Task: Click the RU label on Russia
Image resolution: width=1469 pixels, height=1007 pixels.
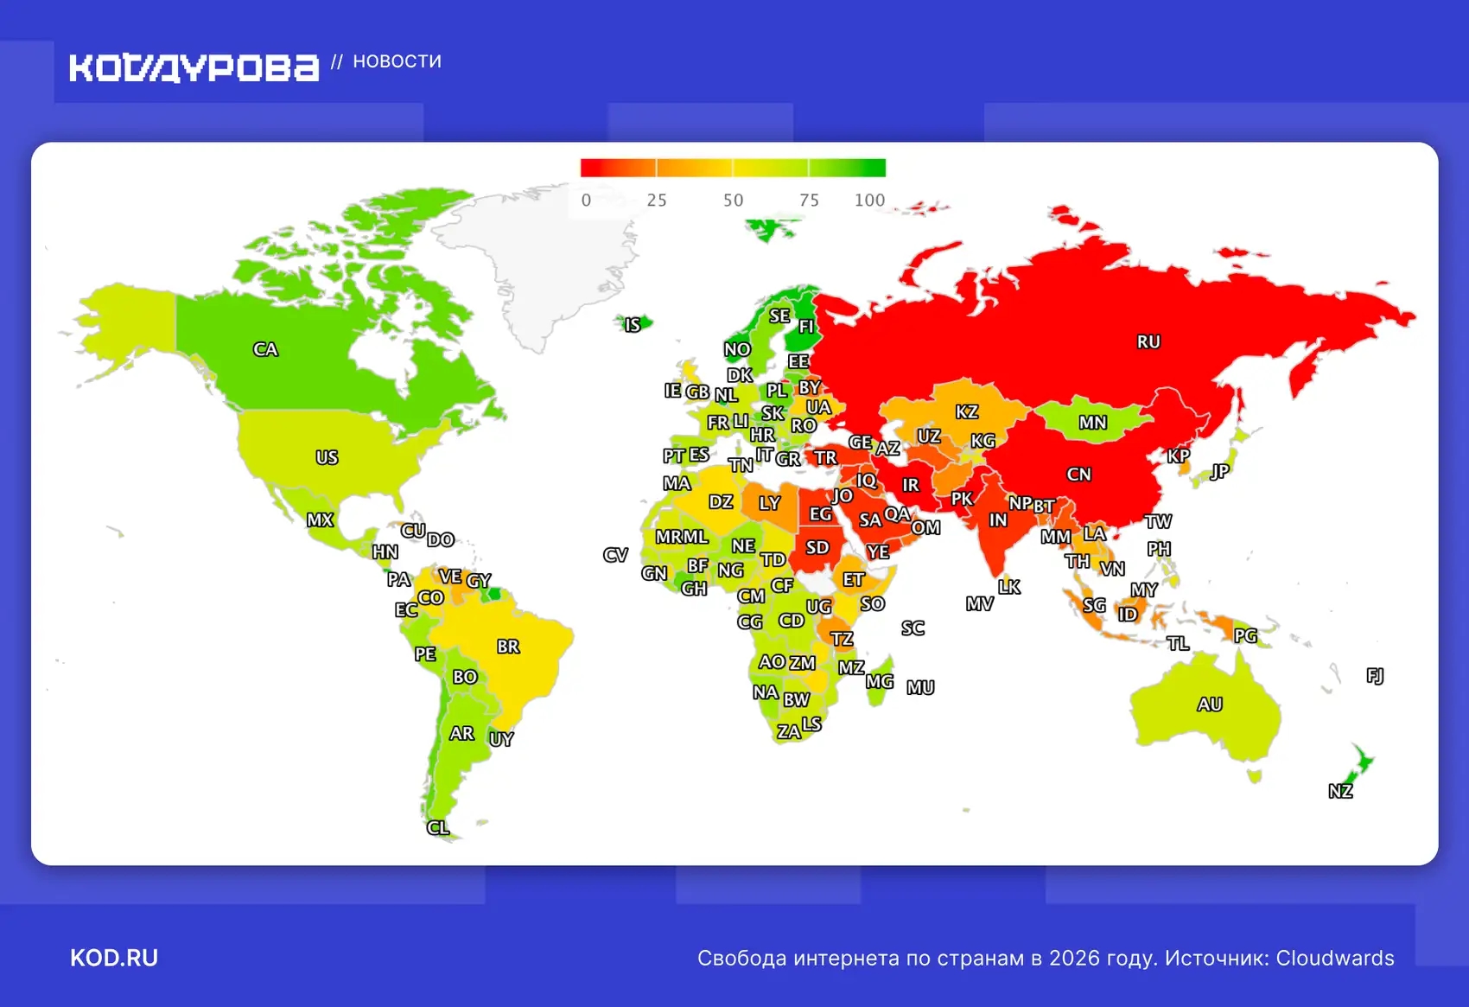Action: coord(1148,341)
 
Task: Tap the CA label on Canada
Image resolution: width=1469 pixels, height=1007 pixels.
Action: coord(265,349)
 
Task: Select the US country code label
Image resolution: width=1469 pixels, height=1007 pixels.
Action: coord(327,457)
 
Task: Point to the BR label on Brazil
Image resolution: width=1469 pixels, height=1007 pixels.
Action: coord(508,647)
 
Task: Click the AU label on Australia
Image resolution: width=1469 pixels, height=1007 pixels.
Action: coord(1209,704)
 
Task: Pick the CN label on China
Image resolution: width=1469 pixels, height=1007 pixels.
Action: coord(1078,475)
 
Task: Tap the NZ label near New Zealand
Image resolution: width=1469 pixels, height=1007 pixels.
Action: coord(1340,791)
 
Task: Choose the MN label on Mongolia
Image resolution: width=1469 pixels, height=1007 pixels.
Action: coord(1092,423)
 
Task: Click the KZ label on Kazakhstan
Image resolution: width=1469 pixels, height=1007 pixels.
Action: coord(966,412)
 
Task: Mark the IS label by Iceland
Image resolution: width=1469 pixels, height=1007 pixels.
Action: coord(633,325)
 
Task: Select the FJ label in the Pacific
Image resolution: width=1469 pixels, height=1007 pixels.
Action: coord(1375,675)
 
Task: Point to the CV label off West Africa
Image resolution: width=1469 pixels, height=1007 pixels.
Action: coord(615,555)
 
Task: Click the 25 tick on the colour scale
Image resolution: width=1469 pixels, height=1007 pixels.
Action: coord(657,201)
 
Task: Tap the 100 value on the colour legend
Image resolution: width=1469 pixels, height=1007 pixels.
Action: coord(869,201)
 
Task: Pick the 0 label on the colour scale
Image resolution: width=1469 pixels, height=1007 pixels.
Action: coord(586,201)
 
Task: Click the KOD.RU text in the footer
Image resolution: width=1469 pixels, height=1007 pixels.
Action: coord(114,958)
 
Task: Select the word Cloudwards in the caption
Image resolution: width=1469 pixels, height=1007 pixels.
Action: coord(1335,958)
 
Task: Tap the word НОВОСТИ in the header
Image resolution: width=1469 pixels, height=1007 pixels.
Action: coord(397,61)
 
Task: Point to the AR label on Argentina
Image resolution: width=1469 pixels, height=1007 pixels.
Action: coord(461,734)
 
